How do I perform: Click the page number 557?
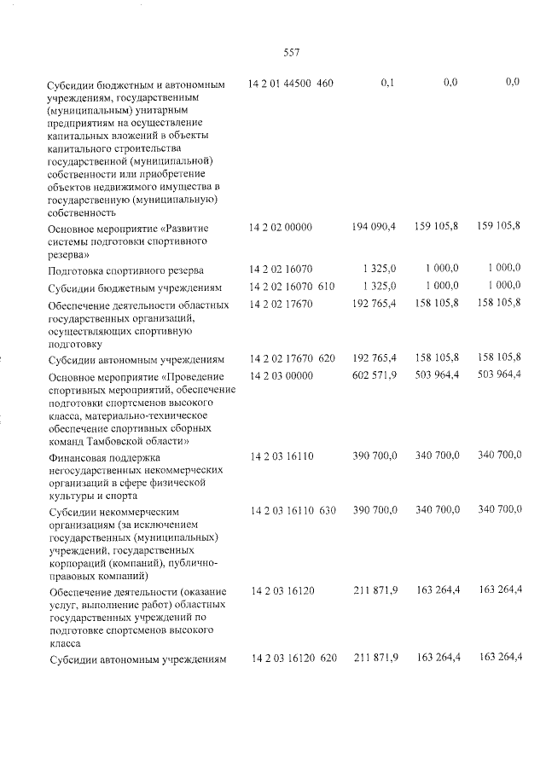click(x=291, y=52)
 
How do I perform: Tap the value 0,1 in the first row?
click(x=387, y=84)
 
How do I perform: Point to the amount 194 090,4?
click(x=374, y=228)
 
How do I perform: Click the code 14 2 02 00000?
click(x=282, y=228)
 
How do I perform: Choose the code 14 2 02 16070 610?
click(x=293, y=286)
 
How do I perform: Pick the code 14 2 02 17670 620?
click(x=293, y=357)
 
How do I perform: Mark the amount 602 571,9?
click(x=374, y=376)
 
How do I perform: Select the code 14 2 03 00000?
click(x=282, y=376)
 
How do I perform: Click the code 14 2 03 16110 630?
click(x=293, y=510)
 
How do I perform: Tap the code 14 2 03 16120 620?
click(x=293, y=657)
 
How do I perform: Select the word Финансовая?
click(x=81, y=457)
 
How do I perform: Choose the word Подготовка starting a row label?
click(x=81, y=270)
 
